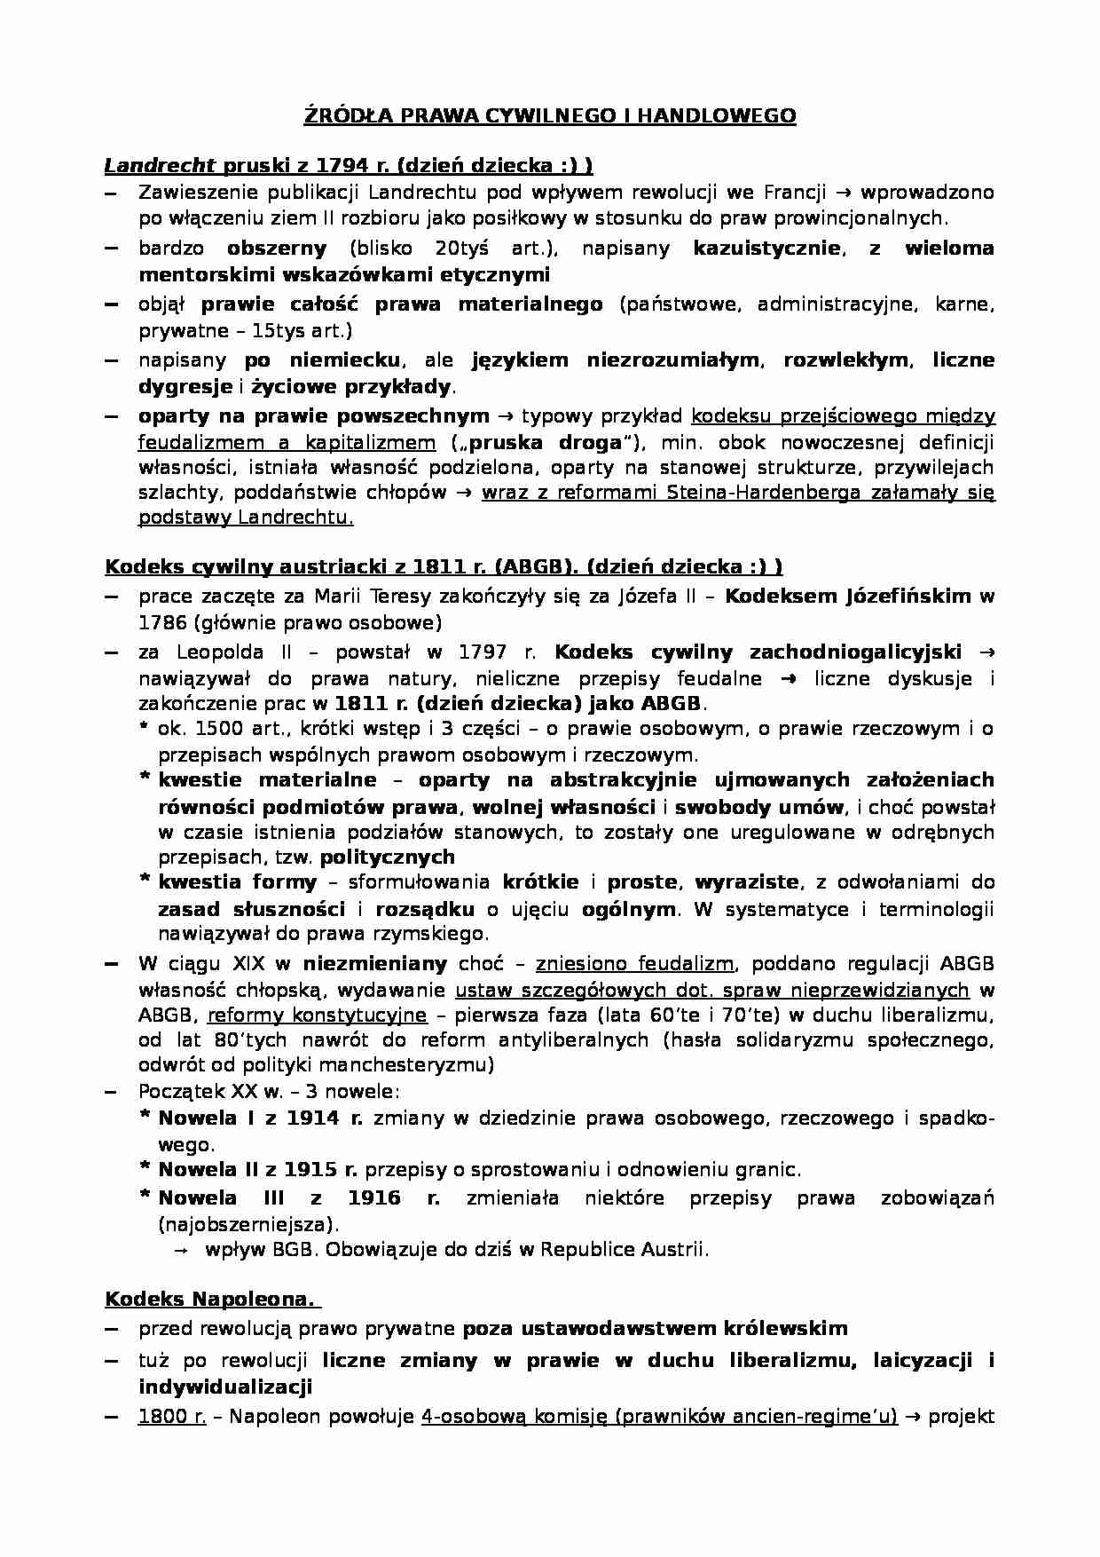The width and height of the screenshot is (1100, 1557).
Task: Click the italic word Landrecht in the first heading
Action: tap(161, 165)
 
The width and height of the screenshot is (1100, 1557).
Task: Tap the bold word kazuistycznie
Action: tap(766, 248)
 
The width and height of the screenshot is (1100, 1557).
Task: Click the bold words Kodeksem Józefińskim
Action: tap(848, 596)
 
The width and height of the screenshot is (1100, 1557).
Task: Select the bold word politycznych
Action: tap(388, 857)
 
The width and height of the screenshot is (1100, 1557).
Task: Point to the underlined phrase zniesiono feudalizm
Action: tap(634, 963)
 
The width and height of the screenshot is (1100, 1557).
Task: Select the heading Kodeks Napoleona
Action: tap(209, 1300)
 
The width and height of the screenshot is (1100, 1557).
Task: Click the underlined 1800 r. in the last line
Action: tap(172, 1417)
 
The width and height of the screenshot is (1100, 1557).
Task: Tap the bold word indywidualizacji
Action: tap(224, 1387)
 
